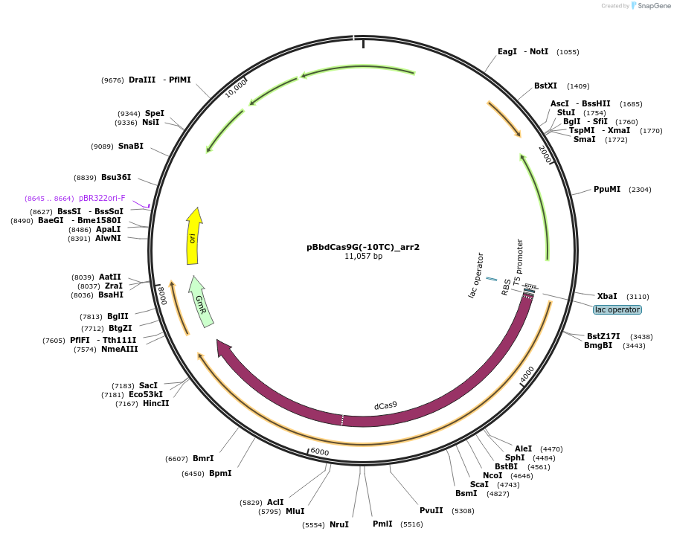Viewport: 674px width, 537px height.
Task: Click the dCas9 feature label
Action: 385,405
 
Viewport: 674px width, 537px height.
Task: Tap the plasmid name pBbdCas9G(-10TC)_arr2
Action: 363,247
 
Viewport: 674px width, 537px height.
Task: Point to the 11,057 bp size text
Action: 363,257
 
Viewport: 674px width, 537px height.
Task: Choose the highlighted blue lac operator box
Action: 617,309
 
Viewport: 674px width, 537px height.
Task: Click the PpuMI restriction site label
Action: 607,190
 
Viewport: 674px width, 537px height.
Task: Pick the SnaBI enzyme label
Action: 130,147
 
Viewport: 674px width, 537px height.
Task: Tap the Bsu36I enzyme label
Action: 116,178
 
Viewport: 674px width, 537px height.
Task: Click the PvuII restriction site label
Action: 431,511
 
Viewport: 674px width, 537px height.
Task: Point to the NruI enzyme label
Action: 339,525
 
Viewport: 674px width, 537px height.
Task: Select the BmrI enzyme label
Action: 203,459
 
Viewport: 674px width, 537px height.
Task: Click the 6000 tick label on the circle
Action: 320,452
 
